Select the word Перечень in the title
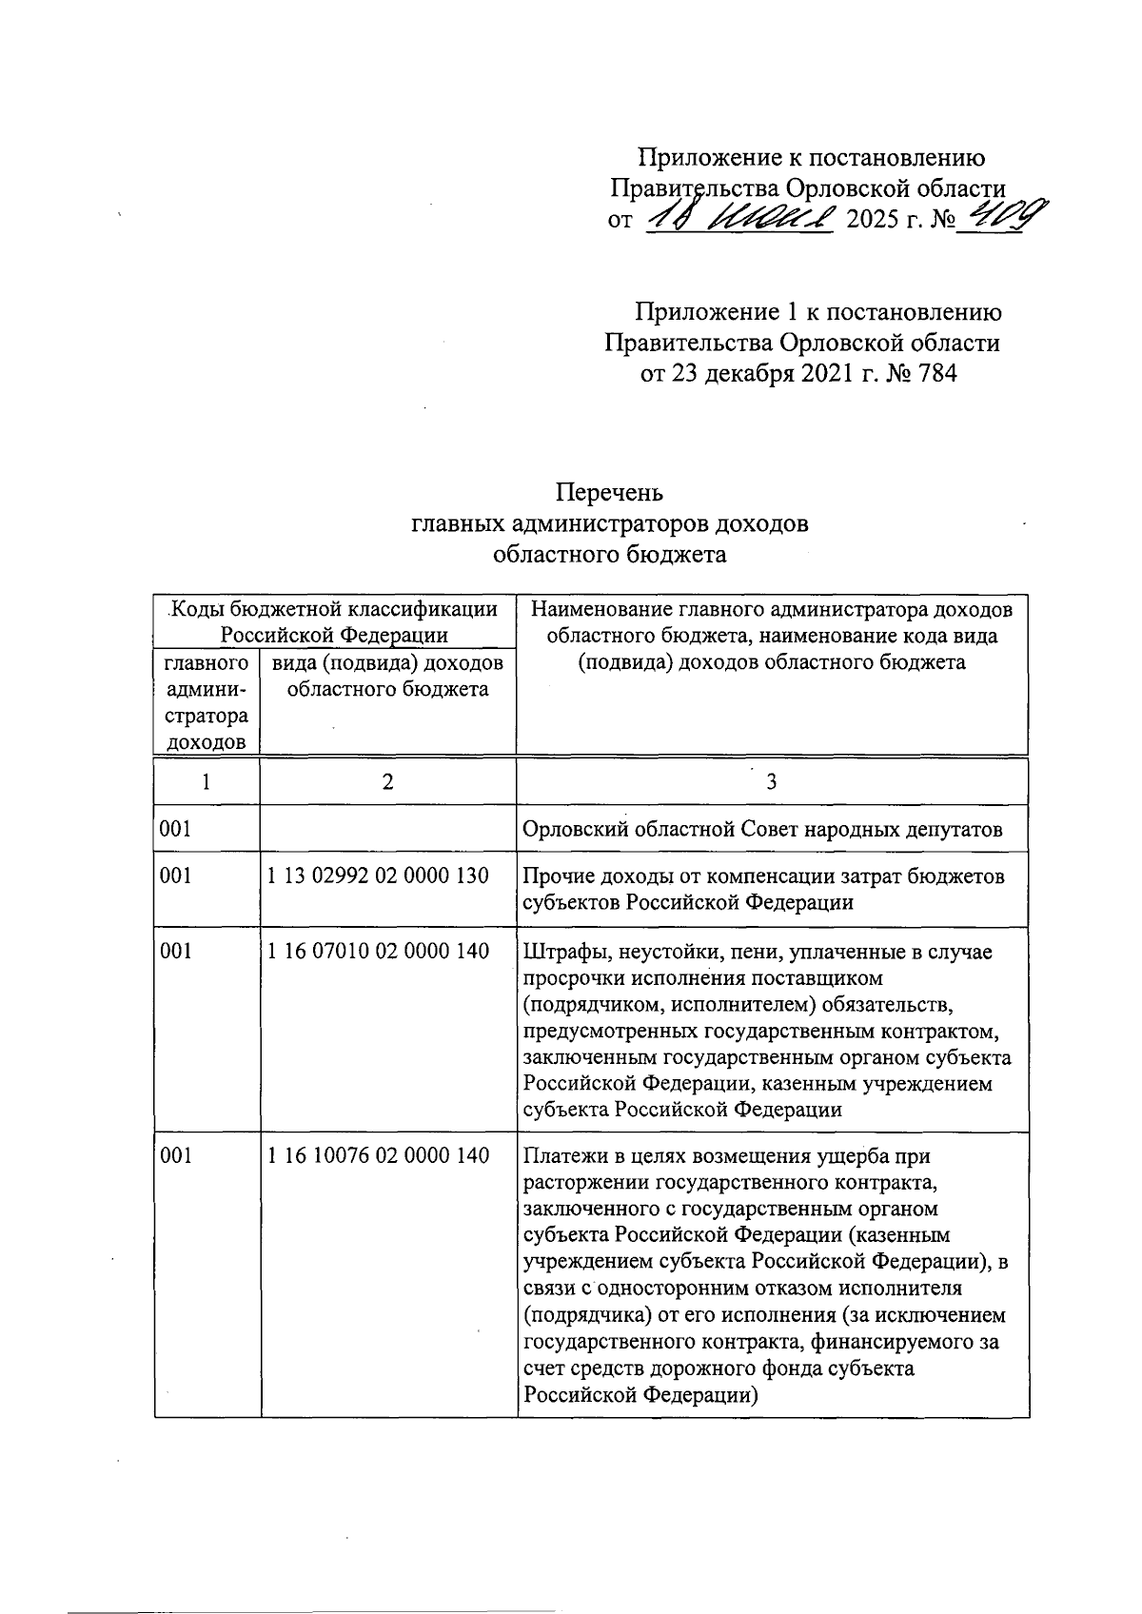[609, 493]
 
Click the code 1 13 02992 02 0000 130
[378, 876]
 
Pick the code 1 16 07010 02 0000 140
[378, 951]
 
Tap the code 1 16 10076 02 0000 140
[378, 1156]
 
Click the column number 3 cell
[771, 782]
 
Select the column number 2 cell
[386, 782]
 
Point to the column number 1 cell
[206, 782]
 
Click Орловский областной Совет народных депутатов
[762, 830]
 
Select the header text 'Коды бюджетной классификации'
[334, 609]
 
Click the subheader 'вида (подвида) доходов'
[386, 663]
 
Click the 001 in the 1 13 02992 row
[176, 876]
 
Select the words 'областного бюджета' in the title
[610, 554]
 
